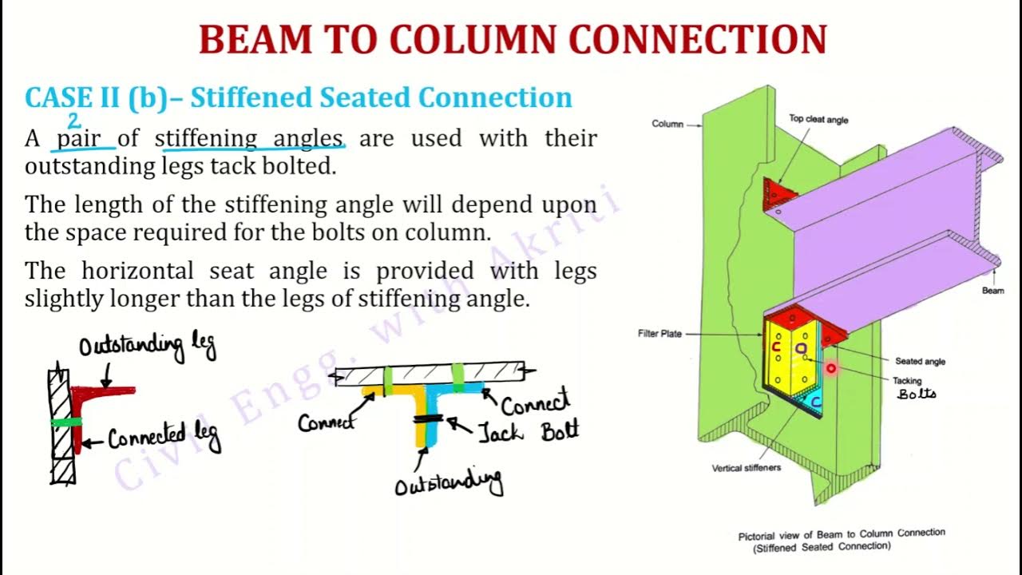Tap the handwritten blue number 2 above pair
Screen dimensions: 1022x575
pyautogui.click(x=74, y=121)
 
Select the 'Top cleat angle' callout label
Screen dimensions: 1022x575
pyautogui.click(x=818, y=120)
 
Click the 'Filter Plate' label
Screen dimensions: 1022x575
pyautogui.click(x=660, y=334)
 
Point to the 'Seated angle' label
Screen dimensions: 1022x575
pyautogui.click(x=920, y=362)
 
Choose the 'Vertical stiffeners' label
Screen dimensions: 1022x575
pyautogui.click(x=746, y=468)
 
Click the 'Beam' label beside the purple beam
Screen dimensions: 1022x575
pyautogui.click(x=992, y=291)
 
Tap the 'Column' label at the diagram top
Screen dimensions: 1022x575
pyautogui.click(x=667, y=125)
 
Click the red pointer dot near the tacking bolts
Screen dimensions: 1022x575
pyautogui.click(x=830, y=368)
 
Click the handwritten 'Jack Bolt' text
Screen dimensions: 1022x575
pyautogui.click(x=528, y=432)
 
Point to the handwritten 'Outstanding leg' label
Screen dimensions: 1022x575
pyautogui.click(x=147, y=347)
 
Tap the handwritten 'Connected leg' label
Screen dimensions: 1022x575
pyautogui.click(x=164, y=438)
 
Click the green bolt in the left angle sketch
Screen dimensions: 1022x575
pyautogui.click(x=65, y=422)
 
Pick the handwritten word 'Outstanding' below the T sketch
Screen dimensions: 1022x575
pyautogui.click(x=449, y=482)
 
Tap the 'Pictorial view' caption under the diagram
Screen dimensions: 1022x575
pyautogui.click(x=841, y=533)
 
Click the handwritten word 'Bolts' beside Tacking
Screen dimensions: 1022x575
pyautogui.click(x=917, y=395)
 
